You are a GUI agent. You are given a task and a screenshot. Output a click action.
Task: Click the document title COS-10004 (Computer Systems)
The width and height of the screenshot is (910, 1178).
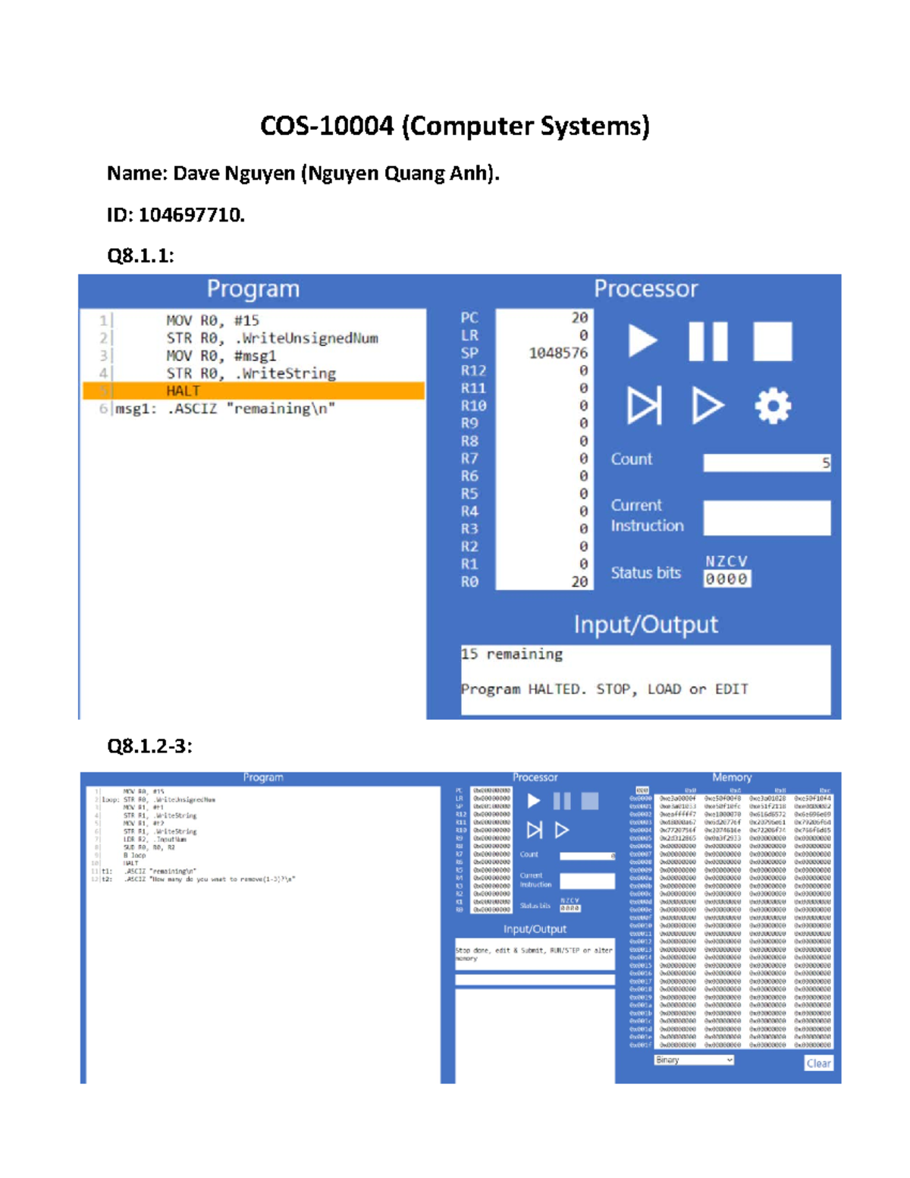[x=454, y=126]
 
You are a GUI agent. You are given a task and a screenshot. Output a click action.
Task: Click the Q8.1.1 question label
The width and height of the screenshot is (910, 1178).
[x=140, y=256]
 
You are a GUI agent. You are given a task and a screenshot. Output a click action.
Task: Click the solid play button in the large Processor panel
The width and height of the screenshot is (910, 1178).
[x=642, y=341]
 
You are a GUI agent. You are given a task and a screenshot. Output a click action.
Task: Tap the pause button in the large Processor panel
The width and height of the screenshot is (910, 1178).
[x=708, y=341]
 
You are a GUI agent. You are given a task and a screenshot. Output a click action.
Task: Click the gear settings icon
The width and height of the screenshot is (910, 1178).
[x=773, y=406]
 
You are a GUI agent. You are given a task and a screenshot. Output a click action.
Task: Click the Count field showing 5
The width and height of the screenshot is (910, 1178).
[x=766, y=463]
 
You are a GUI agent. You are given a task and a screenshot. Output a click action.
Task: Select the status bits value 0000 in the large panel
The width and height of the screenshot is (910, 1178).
[x=726, y=580]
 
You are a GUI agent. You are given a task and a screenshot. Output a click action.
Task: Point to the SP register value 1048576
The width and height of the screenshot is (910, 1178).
[x=557, y=353]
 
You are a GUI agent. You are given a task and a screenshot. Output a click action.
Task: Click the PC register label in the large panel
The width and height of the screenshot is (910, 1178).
[x=469, y=318]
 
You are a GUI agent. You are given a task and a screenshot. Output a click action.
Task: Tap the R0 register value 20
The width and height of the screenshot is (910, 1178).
[x=579, y=582]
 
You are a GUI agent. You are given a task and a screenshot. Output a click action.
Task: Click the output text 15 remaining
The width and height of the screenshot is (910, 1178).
[x=512, y=654]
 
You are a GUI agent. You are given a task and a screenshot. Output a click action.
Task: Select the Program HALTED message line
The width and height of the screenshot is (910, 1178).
[x=604, y=690]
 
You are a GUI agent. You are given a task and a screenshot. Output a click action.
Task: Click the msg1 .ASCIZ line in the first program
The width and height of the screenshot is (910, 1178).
[x=225, y=409]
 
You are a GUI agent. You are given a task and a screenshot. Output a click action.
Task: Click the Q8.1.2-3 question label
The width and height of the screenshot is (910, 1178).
[x=149, y=746]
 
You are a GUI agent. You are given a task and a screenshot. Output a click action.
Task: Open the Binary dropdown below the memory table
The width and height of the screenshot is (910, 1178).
[x=694, y=1060]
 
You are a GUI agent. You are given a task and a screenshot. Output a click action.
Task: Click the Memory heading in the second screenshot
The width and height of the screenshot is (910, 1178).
[x=732, y=777]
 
